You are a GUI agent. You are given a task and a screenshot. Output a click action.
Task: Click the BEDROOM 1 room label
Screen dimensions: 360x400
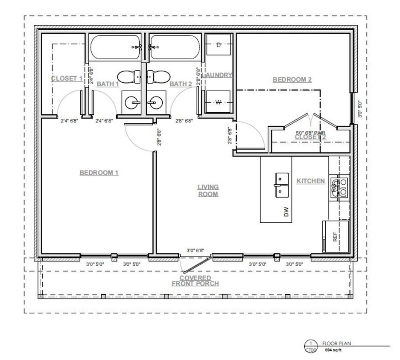pyautogui.click(x=99, y=173)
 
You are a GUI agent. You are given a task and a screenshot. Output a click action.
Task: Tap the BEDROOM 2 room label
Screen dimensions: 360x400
pyautogui.click(x=292, y=79)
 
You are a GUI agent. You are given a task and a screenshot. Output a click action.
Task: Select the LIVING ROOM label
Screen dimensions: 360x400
pyautogui.click(x=208, y=191)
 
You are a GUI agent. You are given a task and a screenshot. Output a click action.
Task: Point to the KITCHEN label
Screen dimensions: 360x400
pyautogui.click(x=310, y=181)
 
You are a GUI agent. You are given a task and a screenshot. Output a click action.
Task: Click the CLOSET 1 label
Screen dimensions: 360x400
pyautogui.click(x=67, y=78)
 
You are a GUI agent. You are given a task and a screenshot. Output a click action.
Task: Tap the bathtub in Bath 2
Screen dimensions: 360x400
pyautogui.click(x=174, y=48)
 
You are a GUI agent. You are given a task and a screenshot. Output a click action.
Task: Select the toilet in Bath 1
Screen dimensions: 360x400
pyautogui.click(x=129, y=77)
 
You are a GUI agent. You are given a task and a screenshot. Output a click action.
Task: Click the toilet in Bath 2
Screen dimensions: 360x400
pyautogui.click(x=158, y=77)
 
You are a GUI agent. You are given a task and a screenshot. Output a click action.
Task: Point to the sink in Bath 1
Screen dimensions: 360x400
pyautogui.click(x=133, y=102)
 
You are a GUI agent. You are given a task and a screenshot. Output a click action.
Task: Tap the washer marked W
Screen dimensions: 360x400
pyautogui.click(x=218, y=102)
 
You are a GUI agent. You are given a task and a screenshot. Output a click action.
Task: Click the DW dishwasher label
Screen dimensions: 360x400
pyautogui.click(x=286, y=212)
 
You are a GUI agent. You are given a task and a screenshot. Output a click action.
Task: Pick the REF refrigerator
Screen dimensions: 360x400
pyautogui.click(x=336, y=237)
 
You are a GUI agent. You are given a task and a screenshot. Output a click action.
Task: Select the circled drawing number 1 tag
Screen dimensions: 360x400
pyautogui.click(x=311, y=343)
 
